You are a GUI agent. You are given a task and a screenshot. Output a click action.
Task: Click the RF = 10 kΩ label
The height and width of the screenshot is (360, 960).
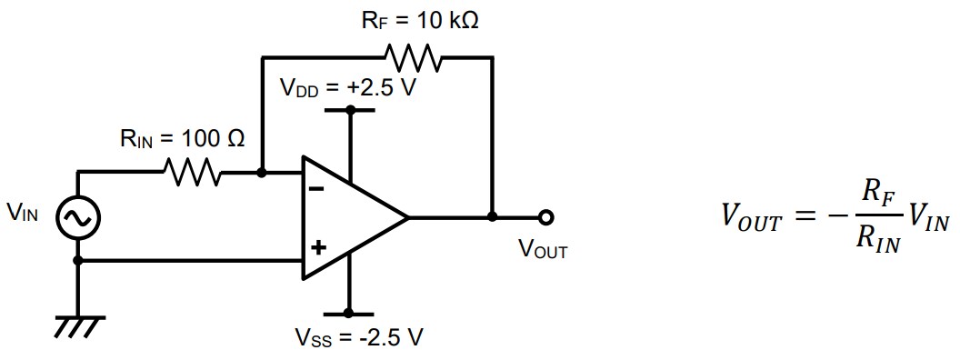coord(420,21)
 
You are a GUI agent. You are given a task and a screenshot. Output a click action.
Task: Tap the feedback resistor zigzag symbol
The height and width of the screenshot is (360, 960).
coord(415,57)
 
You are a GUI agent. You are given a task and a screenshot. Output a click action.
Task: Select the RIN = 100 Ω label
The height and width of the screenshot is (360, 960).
coord(182,139)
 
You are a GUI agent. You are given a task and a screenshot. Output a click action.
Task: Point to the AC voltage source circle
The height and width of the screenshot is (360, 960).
coord(78,217)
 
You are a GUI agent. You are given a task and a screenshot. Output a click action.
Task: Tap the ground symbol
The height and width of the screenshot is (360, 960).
coord(79,324)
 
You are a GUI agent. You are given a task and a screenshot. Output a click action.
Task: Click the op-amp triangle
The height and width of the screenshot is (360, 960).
coord(350,218)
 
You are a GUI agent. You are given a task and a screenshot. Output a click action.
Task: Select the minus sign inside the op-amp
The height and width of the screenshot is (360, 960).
coord(316,190)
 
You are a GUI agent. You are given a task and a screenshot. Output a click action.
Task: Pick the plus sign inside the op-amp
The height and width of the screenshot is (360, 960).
coord(316,246)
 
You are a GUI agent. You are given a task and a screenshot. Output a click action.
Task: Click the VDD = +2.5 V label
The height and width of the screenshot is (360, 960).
coord(347,89)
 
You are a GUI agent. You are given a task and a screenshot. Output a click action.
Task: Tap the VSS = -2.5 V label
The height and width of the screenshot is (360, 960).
coord(358,338)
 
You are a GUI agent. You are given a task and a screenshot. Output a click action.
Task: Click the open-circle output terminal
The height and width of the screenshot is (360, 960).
coord(545,217)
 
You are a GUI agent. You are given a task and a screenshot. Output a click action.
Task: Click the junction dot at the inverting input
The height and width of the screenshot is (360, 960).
coord(262,171)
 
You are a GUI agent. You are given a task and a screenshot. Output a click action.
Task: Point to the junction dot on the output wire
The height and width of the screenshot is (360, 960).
coord(492,217)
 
